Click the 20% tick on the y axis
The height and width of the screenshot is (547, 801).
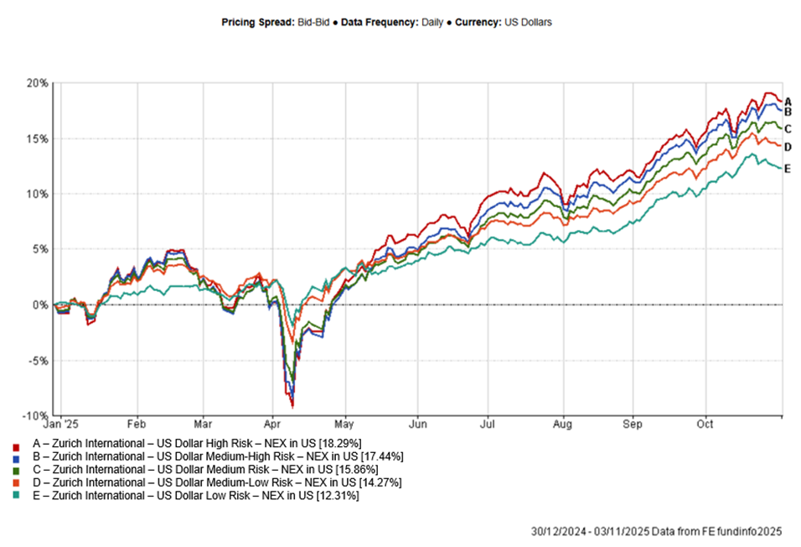pos(38,83)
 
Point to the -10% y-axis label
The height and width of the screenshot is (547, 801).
pos(36,416)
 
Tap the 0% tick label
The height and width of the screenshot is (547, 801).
pos(41,305)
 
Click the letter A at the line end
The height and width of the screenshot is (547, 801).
pos(788,101)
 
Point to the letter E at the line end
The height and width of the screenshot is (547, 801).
pos(788,168)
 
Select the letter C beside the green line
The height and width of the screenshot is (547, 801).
pos(788,128)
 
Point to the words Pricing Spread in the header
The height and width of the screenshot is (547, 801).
pos(257,23)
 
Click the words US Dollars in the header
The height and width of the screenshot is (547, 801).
pos(528,23)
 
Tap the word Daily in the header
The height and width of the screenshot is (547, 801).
pos(432,23)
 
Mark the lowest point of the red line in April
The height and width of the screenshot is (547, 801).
pos(292,406)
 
